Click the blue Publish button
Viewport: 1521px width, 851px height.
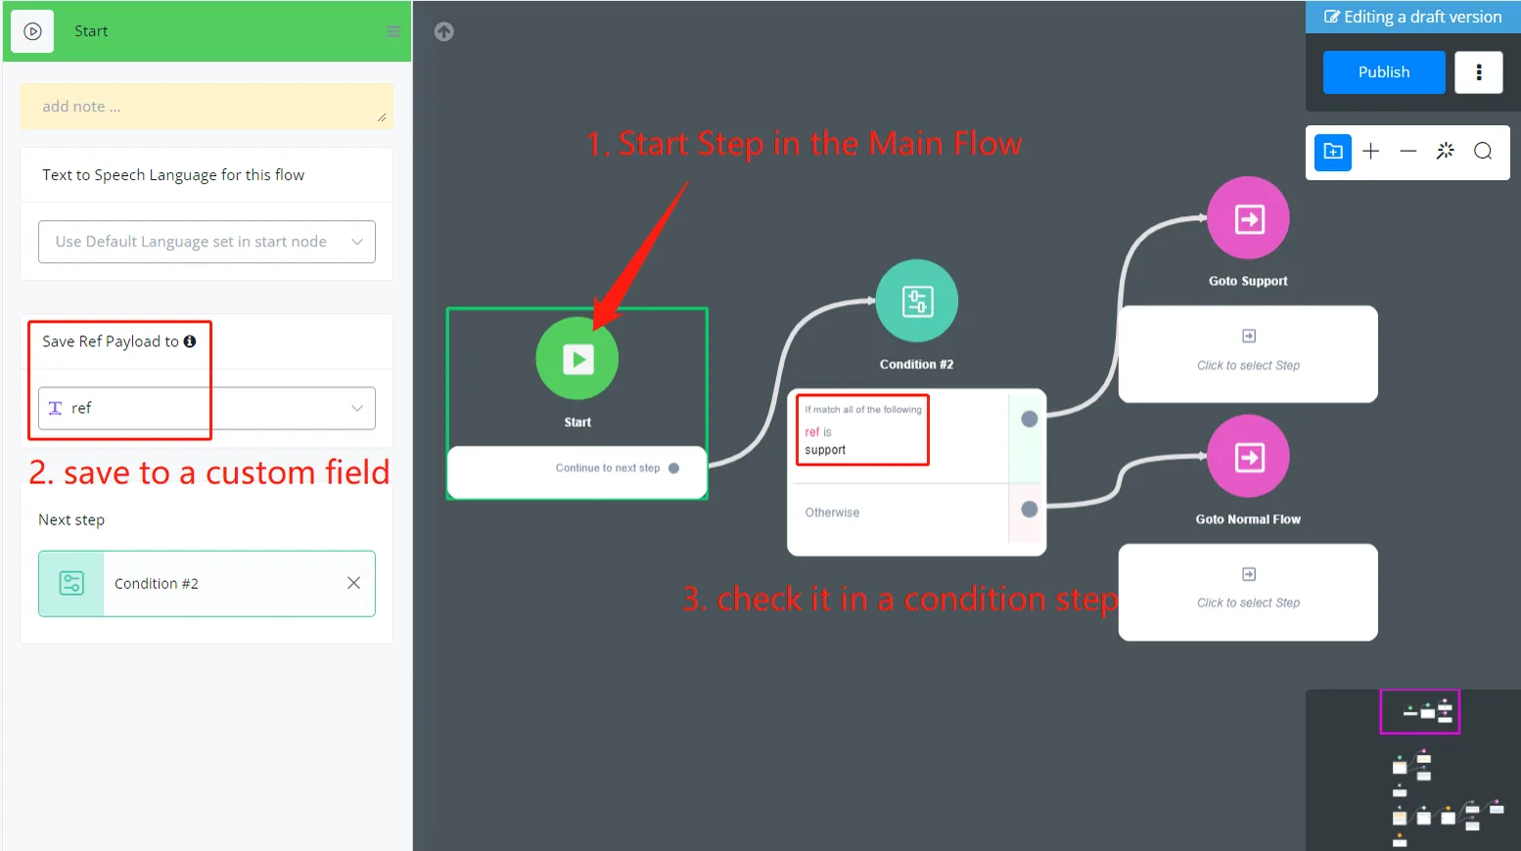(x=1383, y=72)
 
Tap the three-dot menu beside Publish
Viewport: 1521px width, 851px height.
(x=1478, y=72)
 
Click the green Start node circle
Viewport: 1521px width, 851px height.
(x=577, y=358)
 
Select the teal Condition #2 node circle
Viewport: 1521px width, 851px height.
(x=917, y=300)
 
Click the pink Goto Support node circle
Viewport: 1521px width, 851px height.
(x=1248, y=218)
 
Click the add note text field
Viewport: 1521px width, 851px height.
(x=207, y=107)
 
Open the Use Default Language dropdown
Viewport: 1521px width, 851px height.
(x=207, y=242)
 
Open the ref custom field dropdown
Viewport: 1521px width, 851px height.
(x=207, y=408)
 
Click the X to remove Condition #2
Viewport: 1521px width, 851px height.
(x=353, y=583)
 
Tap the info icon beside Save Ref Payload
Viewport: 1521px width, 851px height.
(x=190, y=341)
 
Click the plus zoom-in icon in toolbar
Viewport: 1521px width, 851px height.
(x=1371, y=151)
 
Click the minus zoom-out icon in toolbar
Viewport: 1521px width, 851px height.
(x=1408, y=151)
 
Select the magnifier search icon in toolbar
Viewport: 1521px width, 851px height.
(x=1483, y=151)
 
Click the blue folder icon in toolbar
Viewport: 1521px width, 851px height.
(x=1333, y=152)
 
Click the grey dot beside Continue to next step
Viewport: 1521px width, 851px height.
(x=673, y=469)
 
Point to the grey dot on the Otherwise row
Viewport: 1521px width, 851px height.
(x=1030, y=509)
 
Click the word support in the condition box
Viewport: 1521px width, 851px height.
(x=825, y=450)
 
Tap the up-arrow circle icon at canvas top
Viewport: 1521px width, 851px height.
(x=444, y=31)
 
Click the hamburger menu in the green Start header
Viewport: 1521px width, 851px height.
(x=393, y=31)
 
